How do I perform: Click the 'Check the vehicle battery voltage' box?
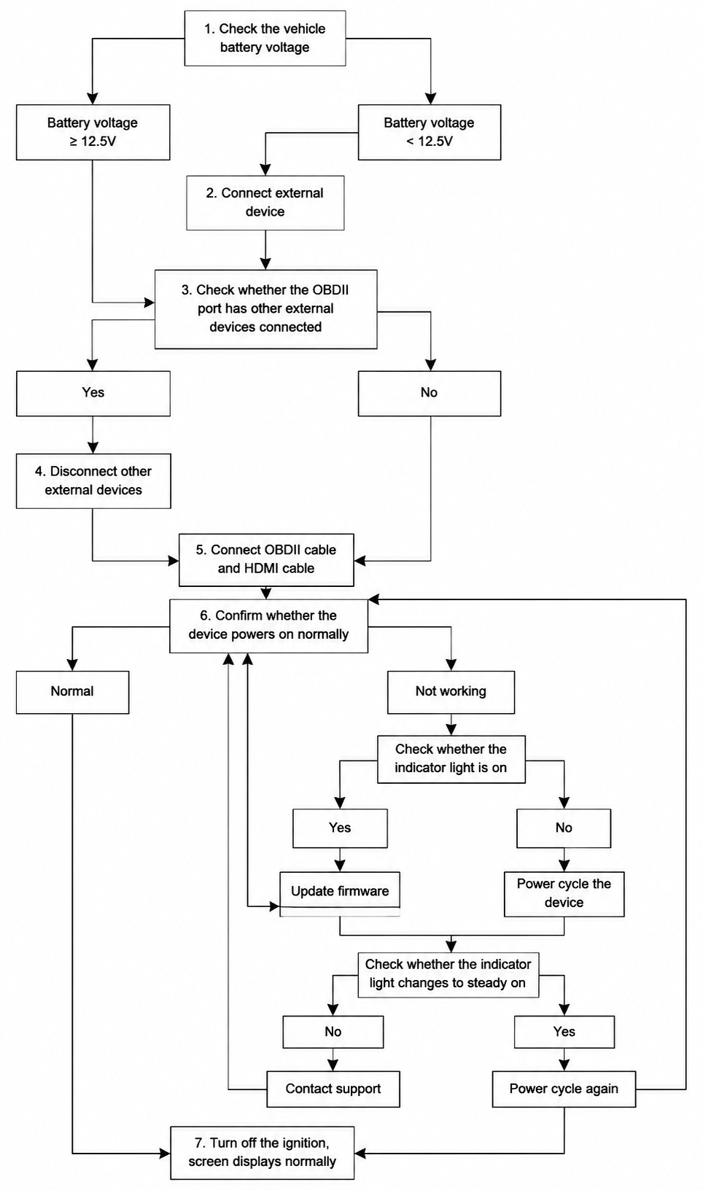tap(265, 38)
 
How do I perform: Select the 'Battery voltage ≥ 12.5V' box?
tap(93, 132)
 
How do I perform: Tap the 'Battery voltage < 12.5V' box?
tap(430, 132)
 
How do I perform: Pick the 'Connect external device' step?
tap(265, 203)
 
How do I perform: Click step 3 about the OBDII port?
tap(265, 309)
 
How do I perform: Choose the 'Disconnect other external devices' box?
tap(93, 481)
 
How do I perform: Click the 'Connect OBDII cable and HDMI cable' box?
tap(266, 560)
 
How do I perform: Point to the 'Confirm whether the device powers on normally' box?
tap(268, 626)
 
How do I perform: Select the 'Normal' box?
tap(72, 692)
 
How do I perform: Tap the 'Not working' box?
tap(451, 692)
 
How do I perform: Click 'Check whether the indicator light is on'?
tap(451, 759)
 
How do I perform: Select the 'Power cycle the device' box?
tap(564, 893)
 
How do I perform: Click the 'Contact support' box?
tap(333, 1089)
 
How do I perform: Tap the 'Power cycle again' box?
tap(564, 1089)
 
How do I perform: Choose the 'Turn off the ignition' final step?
tap(262, 1152)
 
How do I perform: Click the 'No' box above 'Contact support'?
tap(333, 1032)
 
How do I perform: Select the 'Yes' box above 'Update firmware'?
tap(340, 828)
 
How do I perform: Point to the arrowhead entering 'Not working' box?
tap(451, 665)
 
